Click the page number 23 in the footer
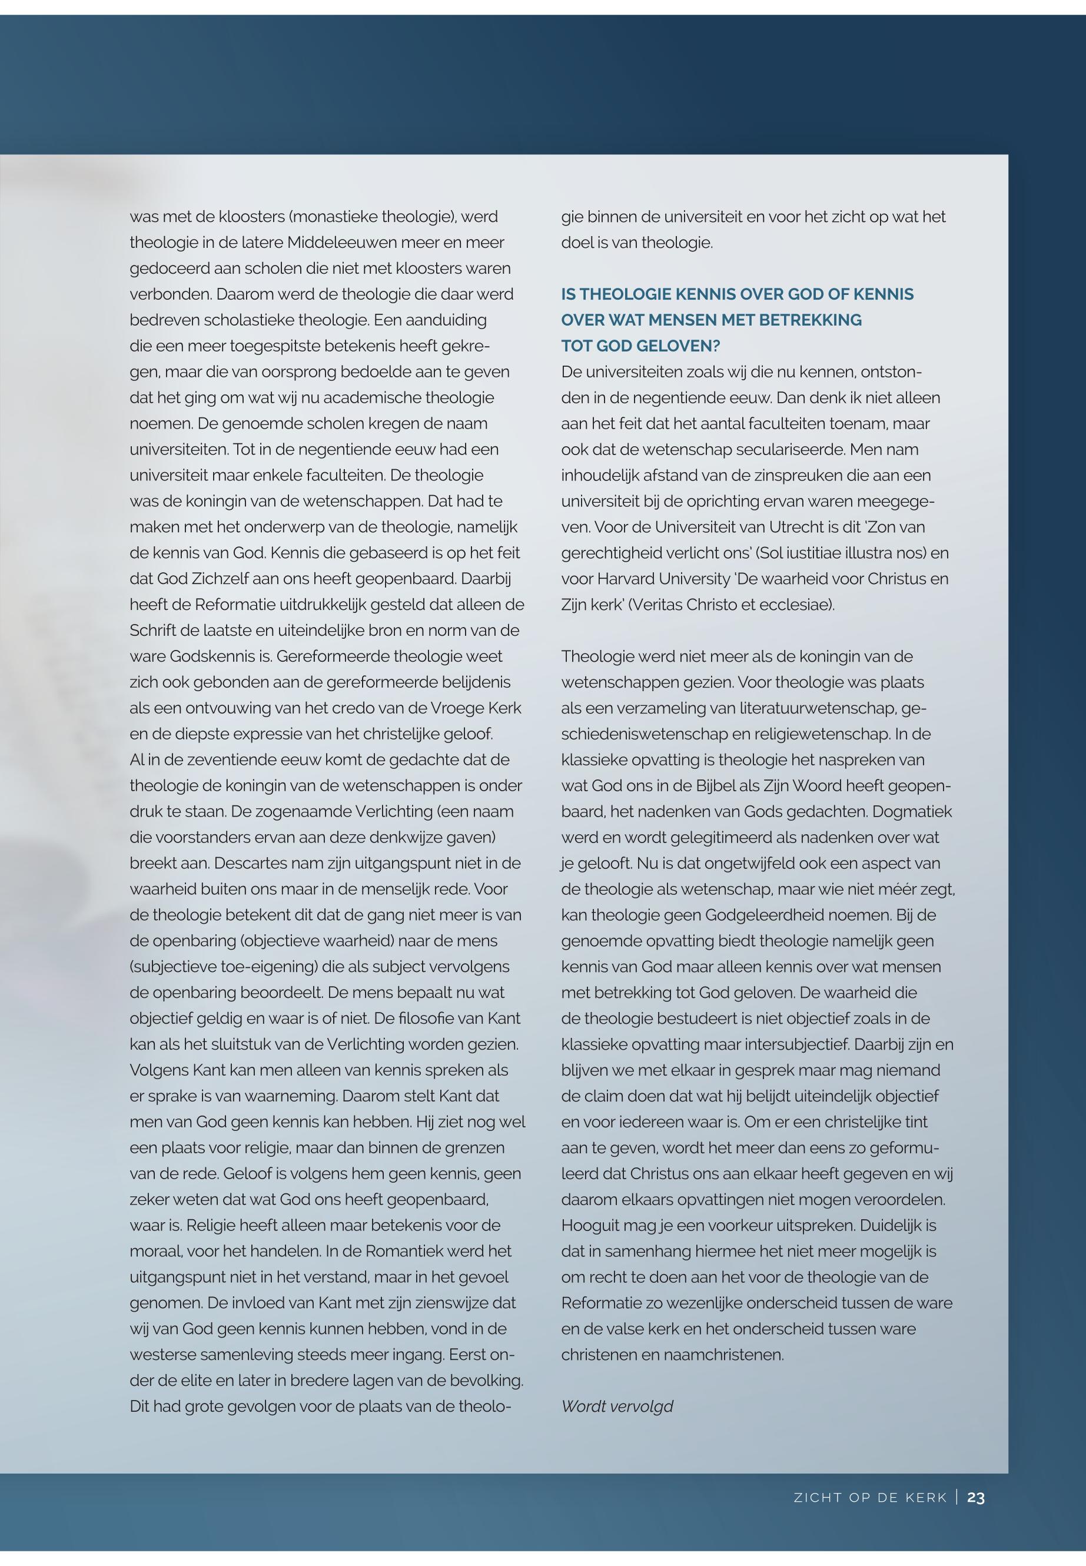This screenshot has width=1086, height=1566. [976, 1498]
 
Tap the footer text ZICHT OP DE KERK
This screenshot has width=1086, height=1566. [871, 1498]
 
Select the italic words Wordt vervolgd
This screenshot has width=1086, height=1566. [617, 1406]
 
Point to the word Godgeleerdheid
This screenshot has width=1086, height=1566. [758, 915]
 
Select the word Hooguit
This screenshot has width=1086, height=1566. [589, 1225]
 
